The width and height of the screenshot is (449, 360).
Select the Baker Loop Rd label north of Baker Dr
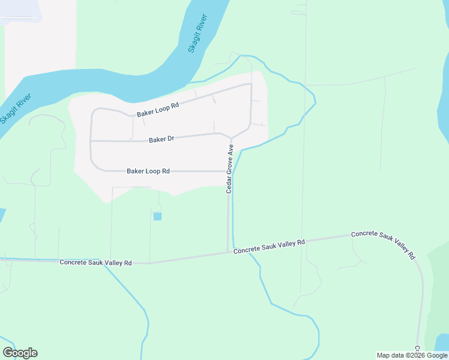click(x=158, y=109)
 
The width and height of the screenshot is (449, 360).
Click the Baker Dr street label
click(x=161, y=139)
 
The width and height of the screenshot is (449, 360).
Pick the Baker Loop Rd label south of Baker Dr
click(x=148, y=171)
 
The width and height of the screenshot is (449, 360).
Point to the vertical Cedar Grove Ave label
click(x=229, y=168)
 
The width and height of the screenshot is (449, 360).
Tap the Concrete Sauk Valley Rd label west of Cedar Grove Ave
click(x=96, y=263)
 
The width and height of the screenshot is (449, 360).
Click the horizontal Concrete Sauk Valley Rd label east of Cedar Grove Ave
click(x=270, y=246)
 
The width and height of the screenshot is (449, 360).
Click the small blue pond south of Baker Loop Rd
click(x=157, y=217)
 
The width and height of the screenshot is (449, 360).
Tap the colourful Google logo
click(x=20, y=353)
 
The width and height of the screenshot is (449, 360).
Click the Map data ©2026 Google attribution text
click(x=412, y=355)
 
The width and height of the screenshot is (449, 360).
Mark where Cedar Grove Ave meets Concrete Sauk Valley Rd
click(x=228, y=253)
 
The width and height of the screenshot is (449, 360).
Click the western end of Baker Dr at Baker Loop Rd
click(x=91, y=141)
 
